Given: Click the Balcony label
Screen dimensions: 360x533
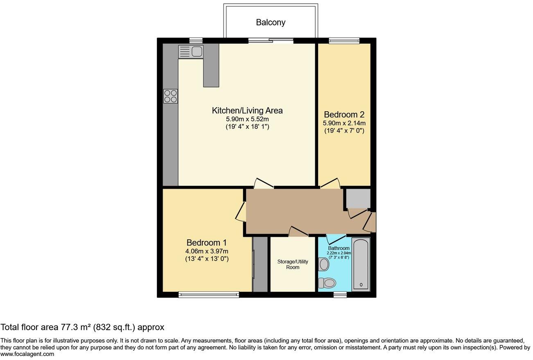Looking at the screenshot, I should pyautogui.click(x=271, y=22).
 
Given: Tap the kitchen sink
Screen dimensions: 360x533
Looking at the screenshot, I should pyautogui.click(x=191, y=52).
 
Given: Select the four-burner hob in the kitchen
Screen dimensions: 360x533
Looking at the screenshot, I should pyautogui.click(x=170, y=96).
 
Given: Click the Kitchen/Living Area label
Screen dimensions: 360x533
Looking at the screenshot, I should pyautogui.click(x=247, y=110).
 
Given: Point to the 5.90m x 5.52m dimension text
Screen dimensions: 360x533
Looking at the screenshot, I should pyautogui.click(x=247, y=119).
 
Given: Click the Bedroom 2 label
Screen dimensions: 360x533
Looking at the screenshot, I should pyautogui.click(x=344, y=115).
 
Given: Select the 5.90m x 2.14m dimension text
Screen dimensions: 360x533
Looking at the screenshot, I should pyautogui.click(x=344, y=123).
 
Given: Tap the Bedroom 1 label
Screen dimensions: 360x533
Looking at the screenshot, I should pyautogui.click(x=206, y=242).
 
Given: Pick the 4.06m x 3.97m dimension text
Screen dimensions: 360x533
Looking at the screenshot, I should pyautogui.click(x=206, y=251).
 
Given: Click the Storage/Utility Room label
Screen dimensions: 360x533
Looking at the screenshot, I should pyautogui.click(x=293, y=264).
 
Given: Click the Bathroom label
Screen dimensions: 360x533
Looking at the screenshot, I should pyautogui.click(x=339, y=248).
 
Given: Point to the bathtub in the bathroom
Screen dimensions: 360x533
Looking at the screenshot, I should pyautogui.click(x=361, y=264).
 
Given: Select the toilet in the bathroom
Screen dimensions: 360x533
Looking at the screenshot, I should pyautogui.click(x=327, y=283).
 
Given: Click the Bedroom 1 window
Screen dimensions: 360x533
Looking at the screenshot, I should pyautogui.click(x=209, y=294).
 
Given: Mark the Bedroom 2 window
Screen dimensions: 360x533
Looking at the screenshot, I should pyautogui.click(x=344, y=40).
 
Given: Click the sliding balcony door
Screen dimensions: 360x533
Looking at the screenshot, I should pyautogui.click(x=271, y=40).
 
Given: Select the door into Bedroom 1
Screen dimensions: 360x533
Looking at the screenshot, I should pyautogui.click(x=241, y=212).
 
